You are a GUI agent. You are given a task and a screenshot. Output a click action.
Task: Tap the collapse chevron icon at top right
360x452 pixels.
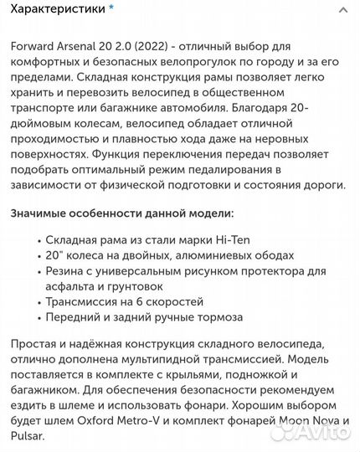342,11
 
